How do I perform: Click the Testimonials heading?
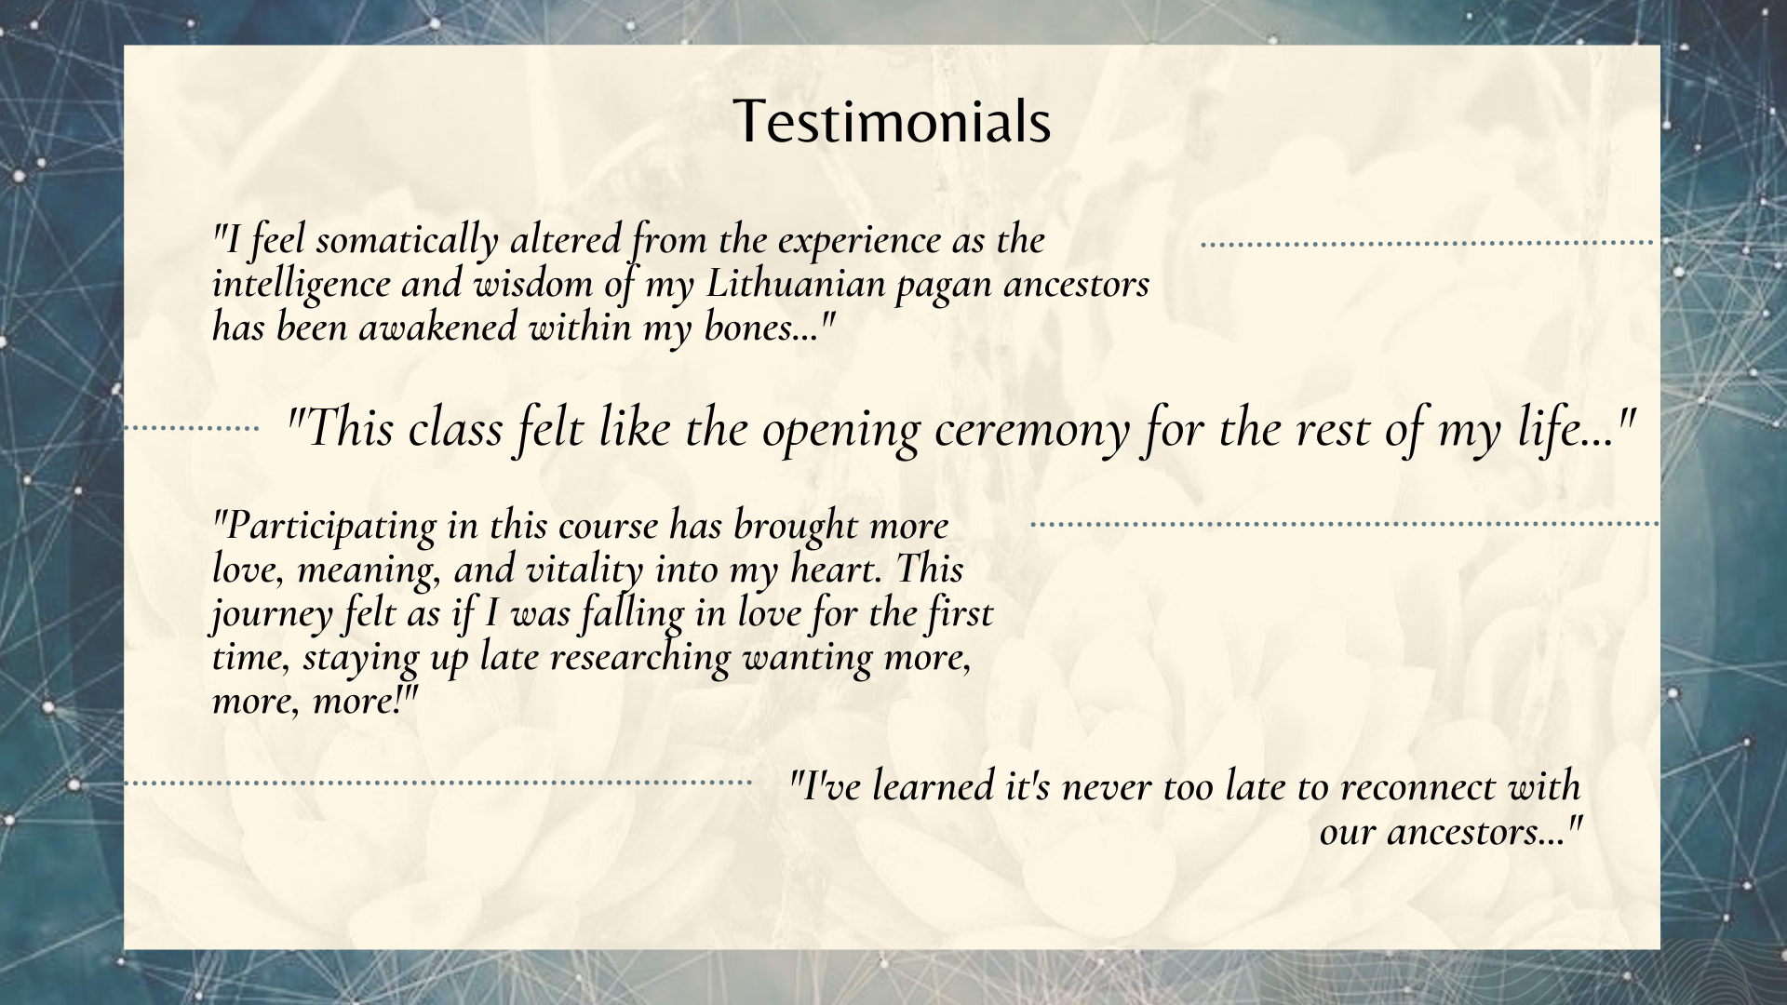892,122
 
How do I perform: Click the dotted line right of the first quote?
1428,244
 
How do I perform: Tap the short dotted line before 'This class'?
192,429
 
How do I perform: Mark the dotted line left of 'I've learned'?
437,784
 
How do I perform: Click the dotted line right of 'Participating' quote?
1344,525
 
